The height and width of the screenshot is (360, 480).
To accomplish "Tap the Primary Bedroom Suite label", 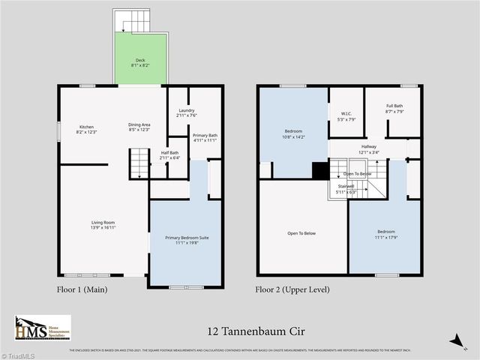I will (x=186, y=241).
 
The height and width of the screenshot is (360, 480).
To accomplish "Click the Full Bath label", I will (x=395, y=109).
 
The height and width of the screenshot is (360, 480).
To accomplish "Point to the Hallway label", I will (x=369, y=149).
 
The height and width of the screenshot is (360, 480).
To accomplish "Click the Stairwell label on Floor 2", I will (x=346, y=188).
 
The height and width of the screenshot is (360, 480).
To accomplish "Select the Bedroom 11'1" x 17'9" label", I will (x=385, y=235).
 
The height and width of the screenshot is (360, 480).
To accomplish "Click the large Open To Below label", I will (x=301, y=233).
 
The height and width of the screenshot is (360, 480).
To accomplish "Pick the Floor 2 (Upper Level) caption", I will (x=292, y=289).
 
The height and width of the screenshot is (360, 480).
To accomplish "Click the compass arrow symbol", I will (x=454, y=341).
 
